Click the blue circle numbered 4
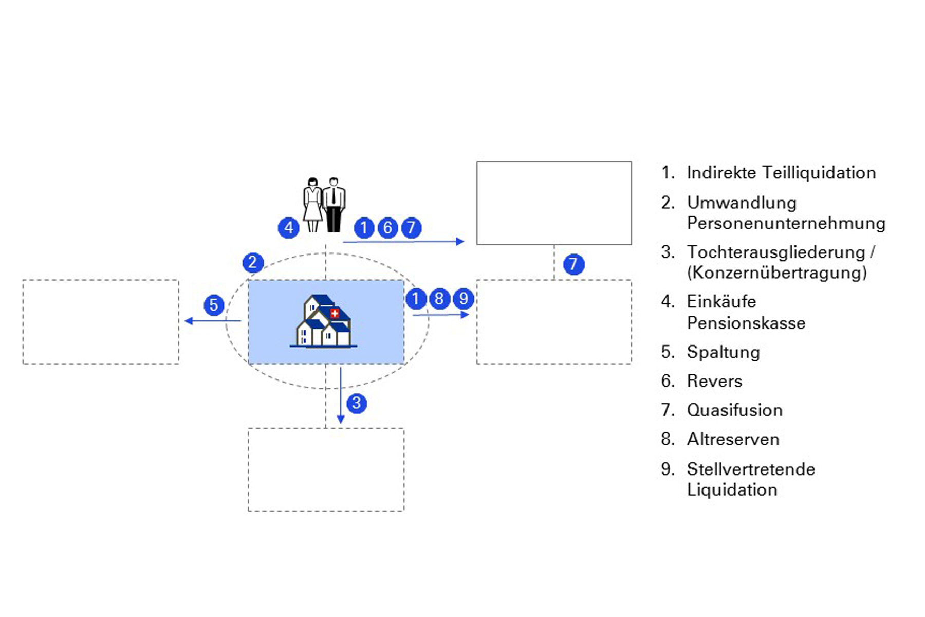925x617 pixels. pos(289,227)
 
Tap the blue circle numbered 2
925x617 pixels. pos(253,262)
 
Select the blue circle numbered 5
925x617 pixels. pos(214,305)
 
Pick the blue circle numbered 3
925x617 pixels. pos(357,403)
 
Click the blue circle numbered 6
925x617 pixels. pos(388,227)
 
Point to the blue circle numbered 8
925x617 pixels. pos(439,298)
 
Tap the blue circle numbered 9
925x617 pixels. pos(464,298)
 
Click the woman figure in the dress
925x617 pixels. pos(312,205)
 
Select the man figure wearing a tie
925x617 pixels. pos(334,205)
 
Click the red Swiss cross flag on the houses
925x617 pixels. pos(335,313)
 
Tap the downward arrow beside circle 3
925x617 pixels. pos(340,396)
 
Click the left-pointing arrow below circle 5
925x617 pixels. pos(212,321)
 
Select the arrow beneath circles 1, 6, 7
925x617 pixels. pos(403,241)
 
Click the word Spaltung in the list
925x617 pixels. pos(723,352)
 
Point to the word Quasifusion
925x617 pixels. pos(734,410)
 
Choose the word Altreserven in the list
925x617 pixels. pos(733,440)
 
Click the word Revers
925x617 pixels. pos(714,381)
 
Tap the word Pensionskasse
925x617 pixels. pos(746,323)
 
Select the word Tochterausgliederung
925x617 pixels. pos(776,252)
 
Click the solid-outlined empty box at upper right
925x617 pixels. pos(554,203)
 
